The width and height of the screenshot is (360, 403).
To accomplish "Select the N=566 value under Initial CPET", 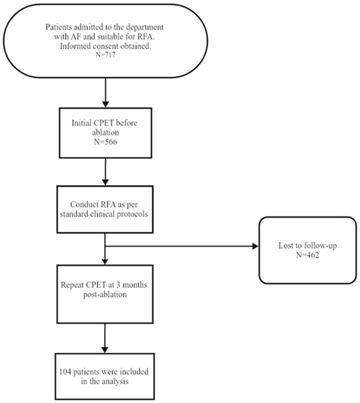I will click(106, 143).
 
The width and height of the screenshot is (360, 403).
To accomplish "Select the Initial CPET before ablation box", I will click(106, 133).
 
